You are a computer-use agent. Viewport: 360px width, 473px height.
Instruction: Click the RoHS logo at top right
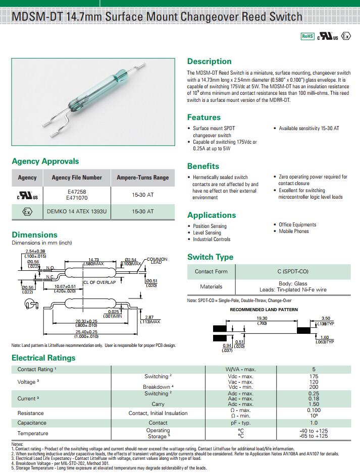[307, 36]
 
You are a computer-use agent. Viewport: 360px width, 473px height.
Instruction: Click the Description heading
[209, 62]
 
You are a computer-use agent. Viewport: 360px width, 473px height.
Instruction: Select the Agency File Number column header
[77, 178]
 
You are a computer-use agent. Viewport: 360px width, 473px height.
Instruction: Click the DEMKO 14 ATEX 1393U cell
[77, 211]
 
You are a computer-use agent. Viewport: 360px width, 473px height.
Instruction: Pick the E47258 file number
[77, 192]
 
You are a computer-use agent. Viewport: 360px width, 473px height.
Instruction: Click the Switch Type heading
[210, 257]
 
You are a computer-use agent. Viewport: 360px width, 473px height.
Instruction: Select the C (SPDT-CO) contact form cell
[300, 271]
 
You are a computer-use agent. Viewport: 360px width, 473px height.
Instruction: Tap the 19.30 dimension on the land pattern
[262, 319]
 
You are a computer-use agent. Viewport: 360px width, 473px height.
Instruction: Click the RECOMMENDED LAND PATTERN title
[264, 310]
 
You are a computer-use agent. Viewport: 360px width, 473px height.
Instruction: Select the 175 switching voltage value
[314, 377]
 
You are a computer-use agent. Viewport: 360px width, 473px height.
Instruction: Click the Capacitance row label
[32, 423]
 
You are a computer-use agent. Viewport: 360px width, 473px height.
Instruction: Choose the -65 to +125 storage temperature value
[314, 436]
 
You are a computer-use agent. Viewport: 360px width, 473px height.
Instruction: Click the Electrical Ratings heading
[43, 358]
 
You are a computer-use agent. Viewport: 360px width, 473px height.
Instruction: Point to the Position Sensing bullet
[210, 226]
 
